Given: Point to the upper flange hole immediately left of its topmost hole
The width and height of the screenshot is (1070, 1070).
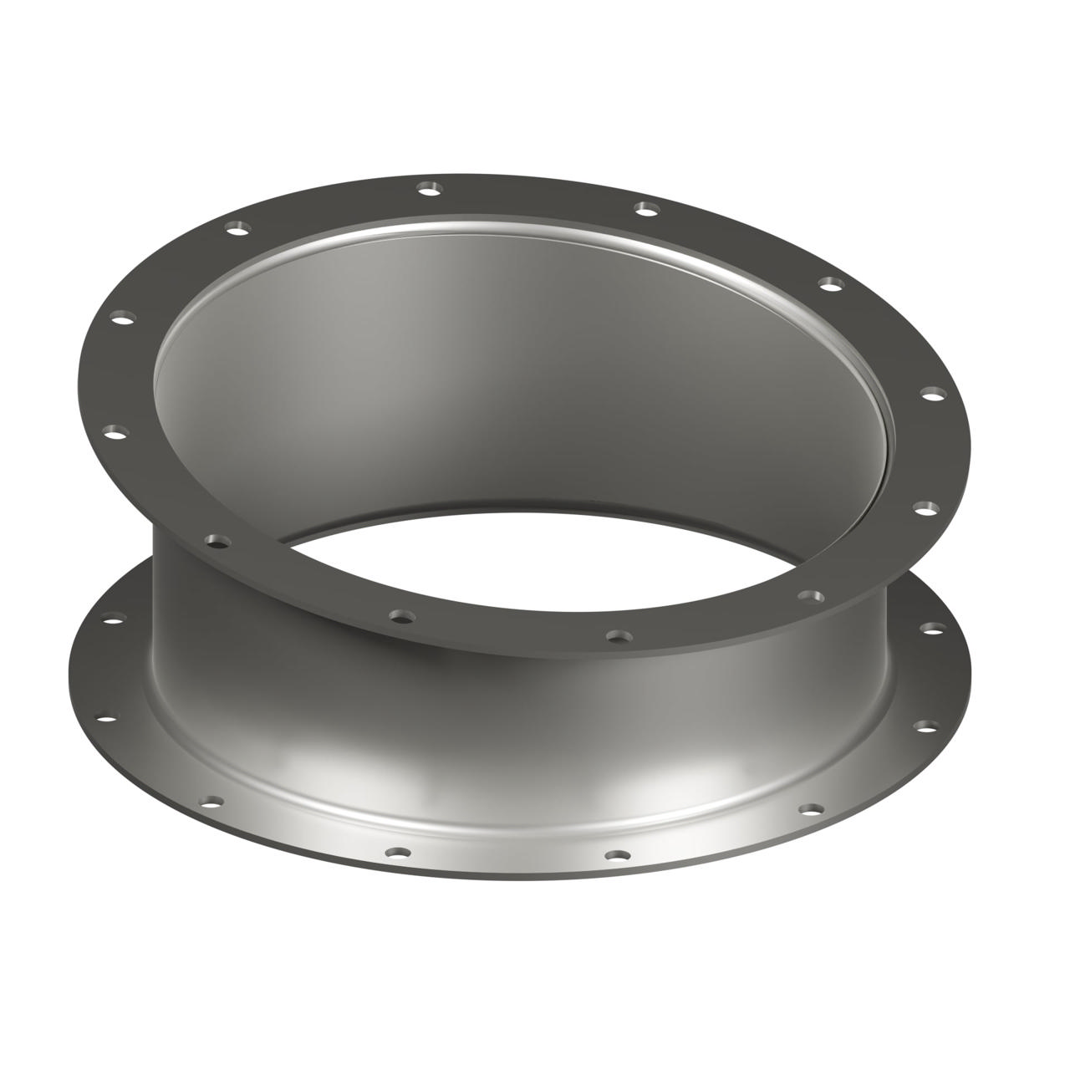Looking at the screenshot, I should [240, 227].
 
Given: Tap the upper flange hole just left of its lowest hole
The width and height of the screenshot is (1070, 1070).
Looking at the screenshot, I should [400, 616].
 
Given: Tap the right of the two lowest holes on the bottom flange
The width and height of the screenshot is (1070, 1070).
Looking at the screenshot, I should [617, 856].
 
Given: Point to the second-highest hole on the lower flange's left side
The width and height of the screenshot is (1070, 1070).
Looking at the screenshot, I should [107, 717].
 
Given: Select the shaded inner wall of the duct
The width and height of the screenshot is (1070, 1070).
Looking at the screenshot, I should [502, 376].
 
